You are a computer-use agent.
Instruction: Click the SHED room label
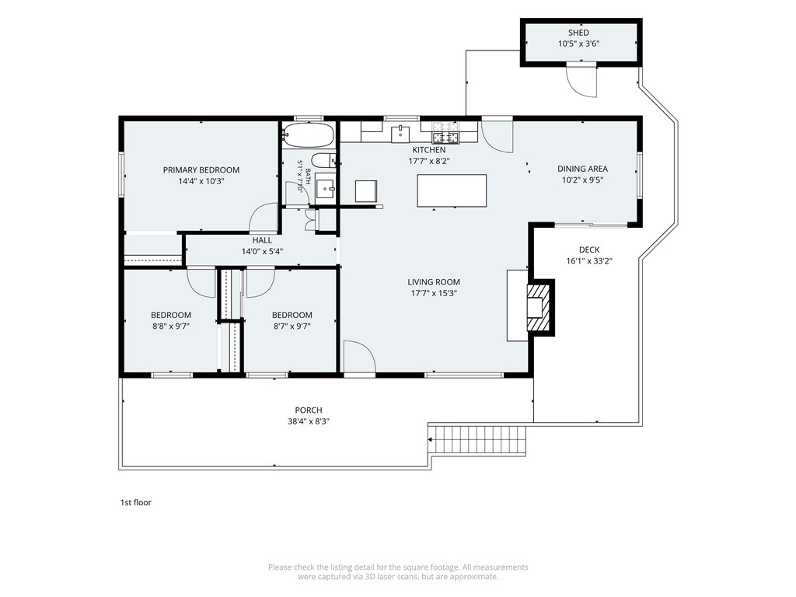(578, 33)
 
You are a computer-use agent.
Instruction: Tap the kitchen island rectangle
(452, 190)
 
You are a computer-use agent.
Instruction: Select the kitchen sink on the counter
(400, 134)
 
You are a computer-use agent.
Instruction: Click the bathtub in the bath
(308, 135)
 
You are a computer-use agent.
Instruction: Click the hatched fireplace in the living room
(538, 308)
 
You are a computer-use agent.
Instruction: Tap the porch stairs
(478, 440)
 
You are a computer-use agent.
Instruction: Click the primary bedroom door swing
(264, 218)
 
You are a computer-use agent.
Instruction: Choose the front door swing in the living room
(359, 358)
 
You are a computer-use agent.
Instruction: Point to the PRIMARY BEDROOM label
(201, 170)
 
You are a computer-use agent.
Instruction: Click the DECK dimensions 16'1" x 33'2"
(589, 261)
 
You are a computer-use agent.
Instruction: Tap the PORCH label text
(309, 410)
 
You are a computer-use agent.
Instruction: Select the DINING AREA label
(582, 169)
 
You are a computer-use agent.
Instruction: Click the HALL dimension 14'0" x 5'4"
(263, 251)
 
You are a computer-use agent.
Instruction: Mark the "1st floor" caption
(135, 503)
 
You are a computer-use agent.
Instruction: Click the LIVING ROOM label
(434, 282)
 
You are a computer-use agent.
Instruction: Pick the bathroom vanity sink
(326, 187)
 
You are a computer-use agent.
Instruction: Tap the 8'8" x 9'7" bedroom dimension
(171, 326)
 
